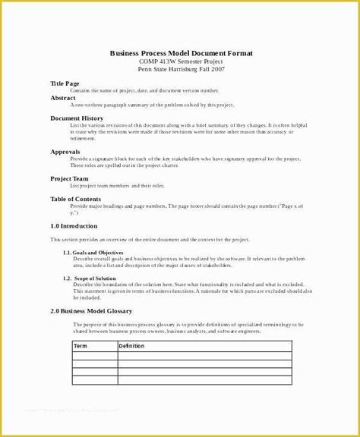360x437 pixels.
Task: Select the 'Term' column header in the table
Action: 81,346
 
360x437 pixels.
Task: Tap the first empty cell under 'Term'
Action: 94,355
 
